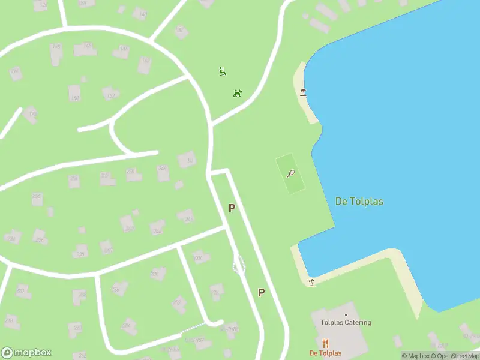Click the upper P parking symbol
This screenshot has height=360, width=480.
(x=232, y=208)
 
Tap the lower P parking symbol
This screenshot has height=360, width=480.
(x=261, y=292)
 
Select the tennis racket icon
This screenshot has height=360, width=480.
(x=291, y=174)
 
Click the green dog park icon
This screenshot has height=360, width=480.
(x=238, y=93)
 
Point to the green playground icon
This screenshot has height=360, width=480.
(x=223, y=71)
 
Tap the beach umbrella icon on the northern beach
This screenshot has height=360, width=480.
(x=303, y=92)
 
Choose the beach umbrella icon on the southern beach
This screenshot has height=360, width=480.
(x=311, y=281)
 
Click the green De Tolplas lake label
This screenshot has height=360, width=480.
(x=359, y=201)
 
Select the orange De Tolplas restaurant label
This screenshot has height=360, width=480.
(x=325, y=353)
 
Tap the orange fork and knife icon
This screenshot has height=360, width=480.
(x=325, y=344)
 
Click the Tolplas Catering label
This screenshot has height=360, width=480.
(x=346, y=322)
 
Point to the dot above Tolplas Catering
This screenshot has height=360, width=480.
(x=346, y=314)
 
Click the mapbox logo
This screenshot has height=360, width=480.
(x=26, y=353)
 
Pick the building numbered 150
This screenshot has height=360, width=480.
(x=74, y=93)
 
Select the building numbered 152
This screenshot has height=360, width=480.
(x=110, y=94)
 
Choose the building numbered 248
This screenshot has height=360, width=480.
(x=163, y=169)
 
